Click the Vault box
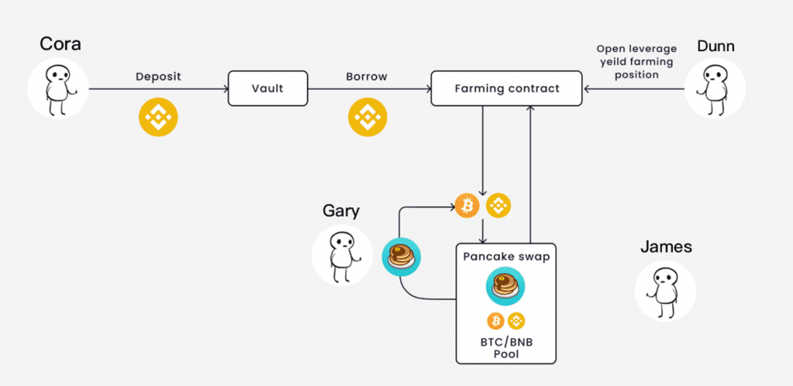click(267, 88)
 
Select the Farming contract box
click(506, 88)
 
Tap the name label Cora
click(60, 44)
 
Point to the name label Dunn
click(715, 46)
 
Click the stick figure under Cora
click(57, 88)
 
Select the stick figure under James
click(665, 291)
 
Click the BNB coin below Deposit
click(158, 118)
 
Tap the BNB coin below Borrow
click(367, 118)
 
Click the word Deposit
click(158, 77)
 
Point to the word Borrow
click(366, 77)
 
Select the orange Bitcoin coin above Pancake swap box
click(467, 206)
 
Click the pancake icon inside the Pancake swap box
click(505, 286)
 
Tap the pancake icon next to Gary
click(402, 256)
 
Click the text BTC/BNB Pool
click(506, 347)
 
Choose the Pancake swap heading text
click(506, 257)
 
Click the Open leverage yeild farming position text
click(637, 62)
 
